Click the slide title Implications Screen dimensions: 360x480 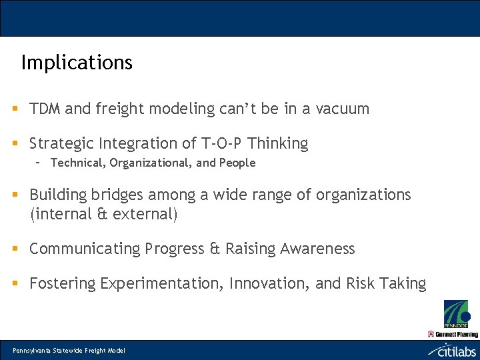77,63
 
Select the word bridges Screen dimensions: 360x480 117,195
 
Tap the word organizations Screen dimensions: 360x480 363,195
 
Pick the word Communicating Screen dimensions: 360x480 83,249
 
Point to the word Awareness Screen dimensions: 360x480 317,249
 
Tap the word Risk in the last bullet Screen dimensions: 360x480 361,283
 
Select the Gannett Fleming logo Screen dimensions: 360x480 453,334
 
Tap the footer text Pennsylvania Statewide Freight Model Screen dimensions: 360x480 69,351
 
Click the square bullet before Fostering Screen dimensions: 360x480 14,283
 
